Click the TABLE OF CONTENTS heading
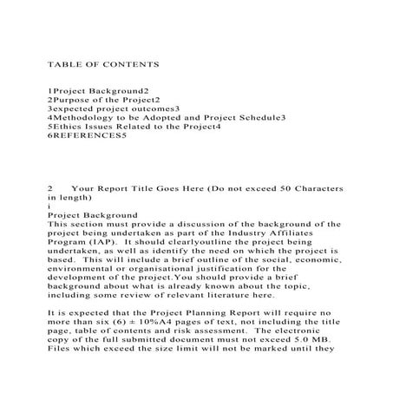coord(91,64)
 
